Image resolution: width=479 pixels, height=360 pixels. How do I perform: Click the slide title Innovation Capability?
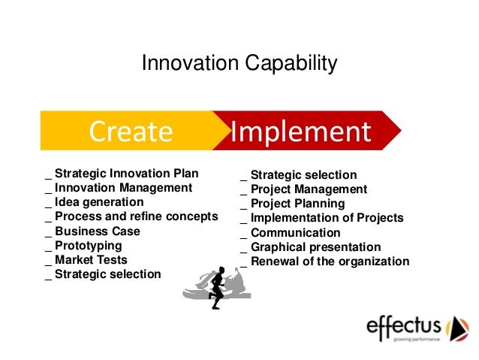239,65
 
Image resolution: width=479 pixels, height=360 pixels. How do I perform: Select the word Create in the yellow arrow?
131,132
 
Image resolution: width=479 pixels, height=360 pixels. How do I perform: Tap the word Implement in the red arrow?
300,132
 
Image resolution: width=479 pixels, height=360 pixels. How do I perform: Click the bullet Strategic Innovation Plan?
126,174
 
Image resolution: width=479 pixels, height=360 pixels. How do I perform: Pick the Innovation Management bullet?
123,188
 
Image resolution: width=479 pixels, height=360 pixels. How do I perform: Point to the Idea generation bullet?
98,202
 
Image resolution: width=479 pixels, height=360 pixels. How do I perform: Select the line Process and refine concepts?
136,216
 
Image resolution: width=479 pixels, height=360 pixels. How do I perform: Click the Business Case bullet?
97,231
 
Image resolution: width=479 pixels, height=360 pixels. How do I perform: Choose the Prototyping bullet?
88,245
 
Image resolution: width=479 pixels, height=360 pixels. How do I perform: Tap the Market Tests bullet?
91,259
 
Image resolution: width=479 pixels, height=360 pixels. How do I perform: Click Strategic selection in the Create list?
107,274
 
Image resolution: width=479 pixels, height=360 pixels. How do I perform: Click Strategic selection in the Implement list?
303,175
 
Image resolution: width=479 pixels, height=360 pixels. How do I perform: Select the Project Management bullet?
309,189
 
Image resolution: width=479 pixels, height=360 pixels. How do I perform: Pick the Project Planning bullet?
297,204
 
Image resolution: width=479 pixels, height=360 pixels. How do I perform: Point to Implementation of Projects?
327,218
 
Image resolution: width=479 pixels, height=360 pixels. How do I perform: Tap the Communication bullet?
295,233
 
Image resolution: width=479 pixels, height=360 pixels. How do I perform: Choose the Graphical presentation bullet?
315,247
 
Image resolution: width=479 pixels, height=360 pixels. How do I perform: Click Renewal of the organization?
330,262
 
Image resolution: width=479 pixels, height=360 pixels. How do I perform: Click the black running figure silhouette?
217,286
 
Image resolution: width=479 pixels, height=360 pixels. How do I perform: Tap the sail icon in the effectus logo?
457,329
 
